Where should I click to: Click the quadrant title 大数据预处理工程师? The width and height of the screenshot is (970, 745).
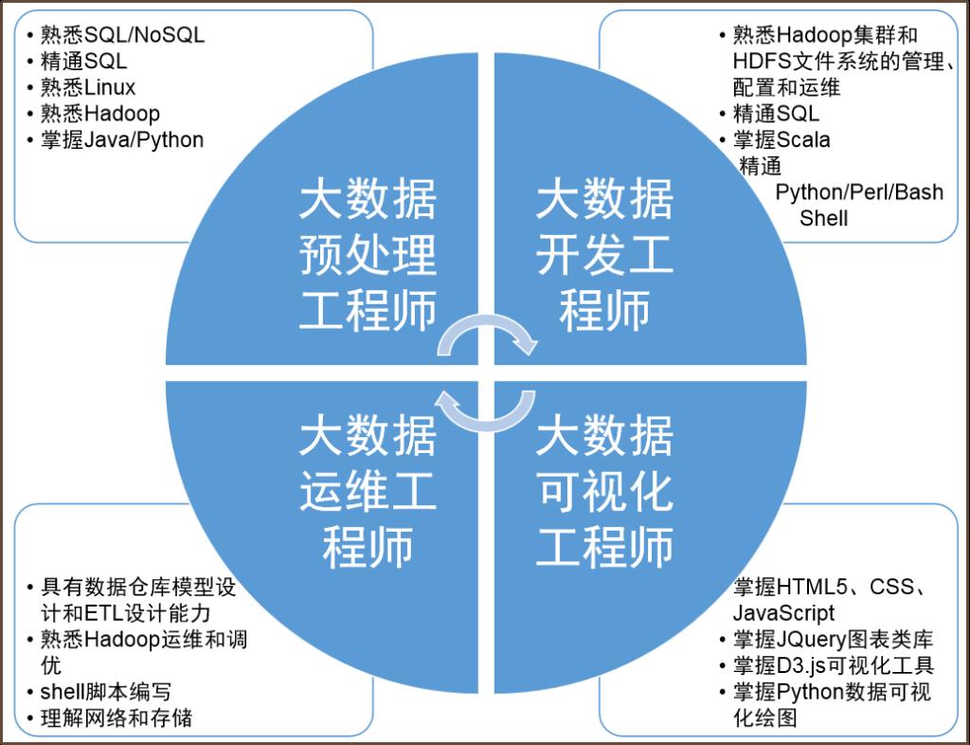point(368,254)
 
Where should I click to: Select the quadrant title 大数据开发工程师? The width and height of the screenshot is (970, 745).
point(604,254)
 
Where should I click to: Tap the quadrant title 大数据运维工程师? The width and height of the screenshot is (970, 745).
point(368,492)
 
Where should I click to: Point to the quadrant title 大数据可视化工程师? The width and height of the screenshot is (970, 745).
point(604,492)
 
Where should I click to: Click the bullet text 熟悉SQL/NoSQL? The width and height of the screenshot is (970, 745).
point(122,35)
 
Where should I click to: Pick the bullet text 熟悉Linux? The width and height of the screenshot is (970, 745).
point(88,87)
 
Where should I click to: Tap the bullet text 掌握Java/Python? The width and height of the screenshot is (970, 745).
point(122,140)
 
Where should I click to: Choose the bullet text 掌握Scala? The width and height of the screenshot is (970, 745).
point(781,140)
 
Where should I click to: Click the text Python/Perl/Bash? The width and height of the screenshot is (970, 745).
point(859,192)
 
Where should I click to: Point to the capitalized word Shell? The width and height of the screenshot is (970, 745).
point(823,218)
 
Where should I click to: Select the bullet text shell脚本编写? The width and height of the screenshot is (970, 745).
point(105,692)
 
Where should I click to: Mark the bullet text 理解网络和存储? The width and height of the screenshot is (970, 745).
point(117,718)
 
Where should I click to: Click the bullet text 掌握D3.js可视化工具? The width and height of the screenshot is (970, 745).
point(834,665)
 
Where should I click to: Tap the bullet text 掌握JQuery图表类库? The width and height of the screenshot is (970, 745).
point(833,639)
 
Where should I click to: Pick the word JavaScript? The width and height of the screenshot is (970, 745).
point(783,613)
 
